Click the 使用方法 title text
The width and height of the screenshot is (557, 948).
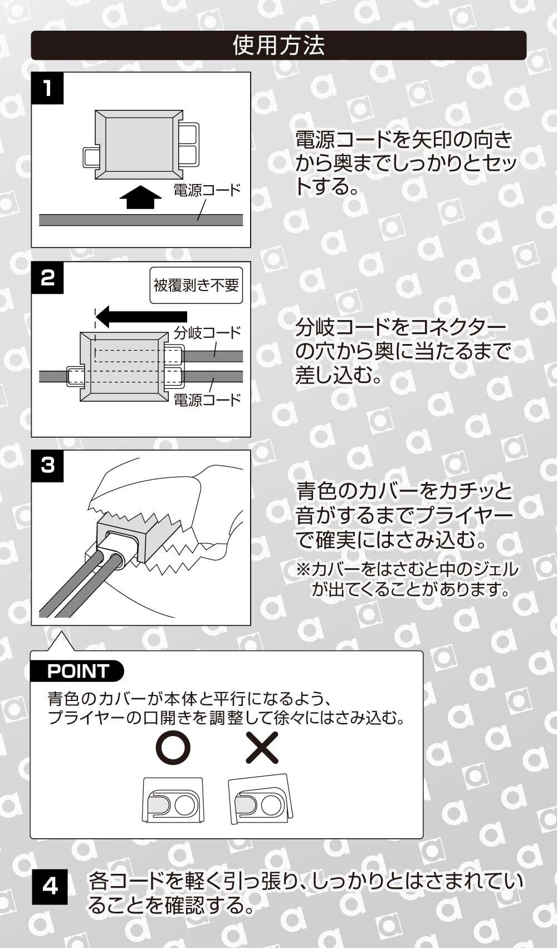click(278, 45)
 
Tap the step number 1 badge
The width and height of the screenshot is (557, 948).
click(48, 88)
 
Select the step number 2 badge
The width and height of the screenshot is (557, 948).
click(48, 277)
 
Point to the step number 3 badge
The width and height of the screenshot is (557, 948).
click(48, 465)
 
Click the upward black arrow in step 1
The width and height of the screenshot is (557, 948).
click(140, 197)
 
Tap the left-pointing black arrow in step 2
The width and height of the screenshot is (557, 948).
click(142, 317)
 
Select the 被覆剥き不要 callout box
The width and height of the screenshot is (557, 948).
click(196, 286)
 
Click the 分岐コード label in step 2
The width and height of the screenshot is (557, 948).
click(207, 333)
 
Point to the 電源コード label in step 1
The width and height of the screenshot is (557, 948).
click(207, 190)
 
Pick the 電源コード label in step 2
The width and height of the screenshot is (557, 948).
click(207, 400)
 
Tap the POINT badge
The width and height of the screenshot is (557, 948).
click(78, 671)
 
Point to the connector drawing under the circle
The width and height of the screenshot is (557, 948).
click(173, 801)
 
